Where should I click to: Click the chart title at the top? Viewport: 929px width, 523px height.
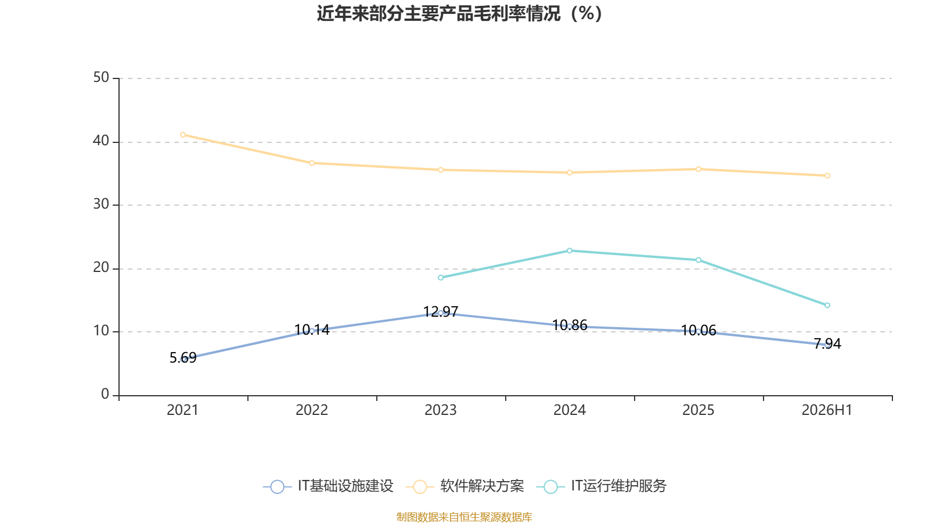[x=459, y=14]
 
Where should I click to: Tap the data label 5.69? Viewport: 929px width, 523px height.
[x=183, y=357]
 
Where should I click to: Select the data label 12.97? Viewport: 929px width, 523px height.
[x=441, y=311]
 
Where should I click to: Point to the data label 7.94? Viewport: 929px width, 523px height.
[x=827, y=343]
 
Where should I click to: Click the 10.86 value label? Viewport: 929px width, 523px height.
[x=570, y=325]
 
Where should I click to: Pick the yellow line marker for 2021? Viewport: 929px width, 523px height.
[x=183, y=135]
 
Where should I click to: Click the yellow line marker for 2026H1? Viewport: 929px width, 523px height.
[x=827, y=175]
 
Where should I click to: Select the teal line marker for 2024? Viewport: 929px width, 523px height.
[x=570, y=250]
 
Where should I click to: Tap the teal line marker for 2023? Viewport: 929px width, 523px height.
[x=441, y=278]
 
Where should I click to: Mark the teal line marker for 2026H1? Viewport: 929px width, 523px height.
[x=827, y=306]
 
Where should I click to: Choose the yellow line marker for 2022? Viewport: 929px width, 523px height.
[x=312, y=163]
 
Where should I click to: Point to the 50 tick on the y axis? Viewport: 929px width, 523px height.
[x=101, y=78]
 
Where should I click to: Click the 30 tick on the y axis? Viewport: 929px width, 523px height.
[x=101, y=204]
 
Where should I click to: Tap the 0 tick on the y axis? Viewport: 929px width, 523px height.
[x=105, y=395]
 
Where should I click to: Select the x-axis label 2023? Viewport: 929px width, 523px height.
[x=441, y=410]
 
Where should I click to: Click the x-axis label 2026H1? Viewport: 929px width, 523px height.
[x=827, y=410]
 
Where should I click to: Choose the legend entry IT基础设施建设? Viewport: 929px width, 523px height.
[x=328, y=486]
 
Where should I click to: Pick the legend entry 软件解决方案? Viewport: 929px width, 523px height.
[x=465, y=486]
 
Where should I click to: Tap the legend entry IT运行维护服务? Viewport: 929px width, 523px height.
[x=602, y=486]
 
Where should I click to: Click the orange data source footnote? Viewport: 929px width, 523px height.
[x=464, y=517]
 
